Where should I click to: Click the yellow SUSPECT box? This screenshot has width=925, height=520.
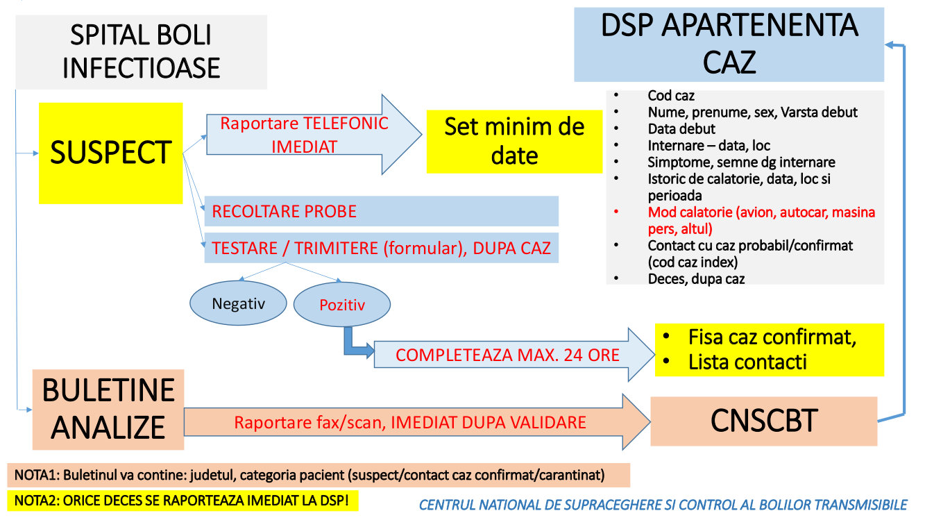110,153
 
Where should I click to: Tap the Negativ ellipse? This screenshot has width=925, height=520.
238,303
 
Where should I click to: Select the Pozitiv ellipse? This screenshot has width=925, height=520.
342,304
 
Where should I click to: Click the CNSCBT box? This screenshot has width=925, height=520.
763,421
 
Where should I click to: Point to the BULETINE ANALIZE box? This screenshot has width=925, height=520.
108,410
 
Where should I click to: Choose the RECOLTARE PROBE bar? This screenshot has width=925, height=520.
382,211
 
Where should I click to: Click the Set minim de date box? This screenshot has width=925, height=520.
514,141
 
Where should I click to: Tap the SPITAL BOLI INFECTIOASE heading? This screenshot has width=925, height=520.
142,51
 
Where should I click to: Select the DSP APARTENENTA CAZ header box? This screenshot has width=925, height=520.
729,44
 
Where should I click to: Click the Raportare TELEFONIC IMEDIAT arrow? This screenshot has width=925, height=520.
314,135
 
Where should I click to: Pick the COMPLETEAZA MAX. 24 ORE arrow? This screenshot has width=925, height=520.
514,354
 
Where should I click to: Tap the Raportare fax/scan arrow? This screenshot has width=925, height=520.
417,422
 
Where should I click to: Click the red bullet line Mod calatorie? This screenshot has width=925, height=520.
761,220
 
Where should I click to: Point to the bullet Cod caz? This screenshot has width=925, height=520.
671,95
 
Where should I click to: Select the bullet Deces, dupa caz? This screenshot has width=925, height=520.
696,279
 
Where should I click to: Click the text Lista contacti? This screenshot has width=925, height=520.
747,362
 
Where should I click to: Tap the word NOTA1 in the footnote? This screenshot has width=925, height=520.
37,475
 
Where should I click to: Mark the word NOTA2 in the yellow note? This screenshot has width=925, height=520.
37,501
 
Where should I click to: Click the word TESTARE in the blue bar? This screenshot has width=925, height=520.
244,248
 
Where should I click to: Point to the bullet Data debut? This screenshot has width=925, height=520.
681,129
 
